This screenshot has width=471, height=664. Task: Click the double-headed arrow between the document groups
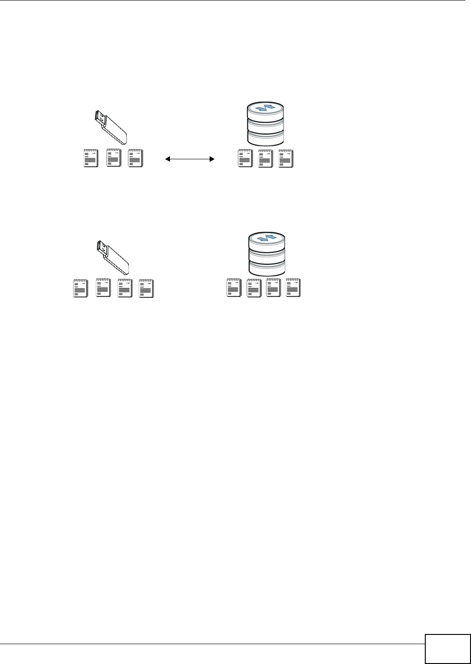coord(190,159)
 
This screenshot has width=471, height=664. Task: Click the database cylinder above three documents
coord(266,124)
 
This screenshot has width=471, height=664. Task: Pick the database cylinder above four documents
coord(266,254)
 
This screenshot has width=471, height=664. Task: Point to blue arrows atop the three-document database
coord(266,108)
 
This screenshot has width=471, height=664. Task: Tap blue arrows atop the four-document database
coord(266,239)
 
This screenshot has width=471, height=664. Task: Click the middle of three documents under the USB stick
coord(114,158)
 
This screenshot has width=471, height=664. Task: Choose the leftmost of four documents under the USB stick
coord(81,288)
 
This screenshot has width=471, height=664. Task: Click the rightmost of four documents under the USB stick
coord(146,288)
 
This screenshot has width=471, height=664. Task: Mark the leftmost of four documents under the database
coord(234,288)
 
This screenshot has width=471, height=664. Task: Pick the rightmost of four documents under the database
coord(293,288)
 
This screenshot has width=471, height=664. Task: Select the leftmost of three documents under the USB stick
coord(91,158)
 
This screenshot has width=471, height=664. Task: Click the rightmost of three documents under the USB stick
coord(135,158)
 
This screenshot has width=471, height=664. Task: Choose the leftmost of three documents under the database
coord(245,158)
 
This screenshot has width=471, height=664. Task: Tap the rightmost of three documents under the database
coord(286,158)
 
